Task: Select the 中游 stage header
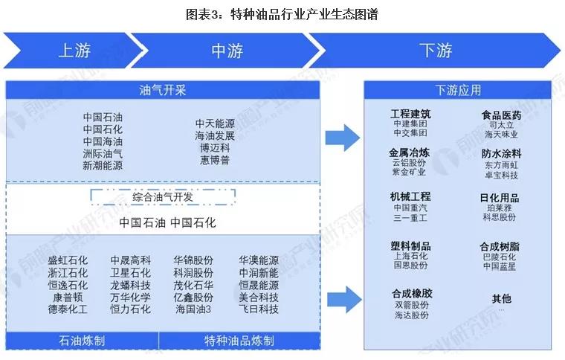(227, 51)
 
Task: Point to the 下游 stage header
(436, 51)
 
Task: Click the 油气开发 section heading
(163, 91)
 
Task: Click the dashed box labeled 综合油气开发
(163, 197)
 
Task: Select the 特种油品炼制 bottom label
(239, 341)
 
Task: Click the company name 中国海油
(103, 142)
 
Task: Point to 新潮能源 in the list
(103, 166)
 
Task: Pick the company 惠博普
(216, 160)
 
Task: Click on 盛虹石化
(68, 261)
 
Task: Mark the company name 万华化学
(131, 297)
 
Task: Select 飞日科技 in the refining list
(258, 309)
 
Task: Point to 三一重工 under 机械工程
(410, 219)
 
